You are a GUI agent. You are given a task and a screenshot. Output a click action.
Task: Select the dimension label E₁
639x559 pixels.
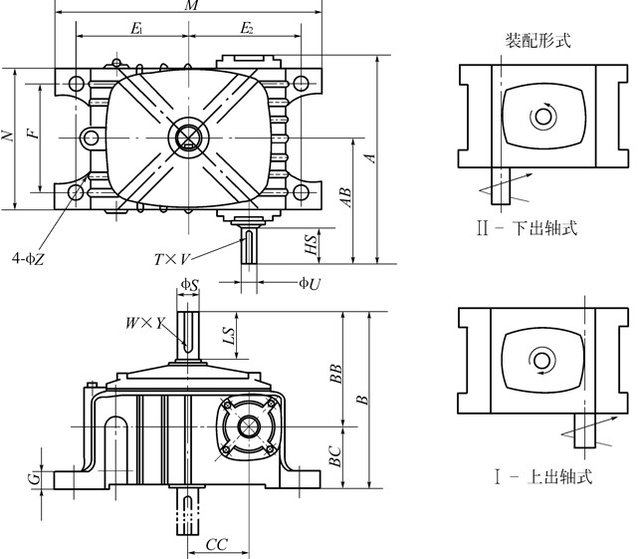tap(136, 29)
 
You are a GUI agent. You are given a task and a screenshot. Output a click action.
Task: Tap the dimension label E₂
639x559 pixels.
tap(246, 29)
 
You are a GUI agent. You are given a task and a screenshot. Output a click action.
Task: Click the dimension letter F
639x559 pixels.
tap(33, 135)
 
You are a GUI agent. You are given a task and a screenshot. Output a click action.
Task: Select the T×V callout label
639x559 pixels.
tap(172, 259)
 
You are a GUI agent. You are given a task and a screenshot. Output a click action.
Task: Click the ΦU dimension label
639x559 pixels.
tap(310, 283)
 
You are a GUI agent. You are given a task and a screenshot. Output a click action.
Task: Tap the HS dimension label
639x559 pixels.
tap(312, 242)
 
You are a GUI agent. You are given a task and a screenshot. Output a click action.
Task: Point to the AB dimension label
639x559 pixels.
tap(345, 198)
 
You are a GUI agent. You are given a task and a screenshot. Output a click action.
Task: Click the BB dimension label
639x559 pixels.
tap(336, 373)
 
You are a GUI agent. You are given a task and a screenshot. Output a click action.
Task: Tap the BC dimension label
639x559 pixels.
tap(335, 456)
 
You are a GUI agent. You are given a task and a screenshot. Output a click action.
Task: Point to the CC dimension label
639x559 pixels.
tap(216, 545)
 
